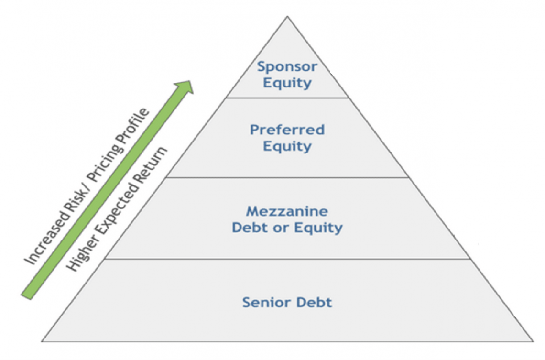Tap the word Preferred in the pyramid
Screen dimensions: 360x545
coord(287,130)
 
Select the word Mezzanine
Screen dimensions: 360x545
coord(287,211)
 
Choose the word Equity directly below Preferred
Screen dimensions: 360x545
coord(287,146)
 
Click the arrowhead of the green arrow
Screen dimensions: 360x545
coord(185,87)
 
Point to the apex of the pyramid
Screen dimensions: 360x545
coord(287,18)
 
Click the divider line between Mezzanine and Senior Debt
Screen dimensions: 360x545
coord(287,259)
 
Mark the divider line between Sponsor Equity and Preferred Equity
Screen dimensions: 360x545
coord(287,98)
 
